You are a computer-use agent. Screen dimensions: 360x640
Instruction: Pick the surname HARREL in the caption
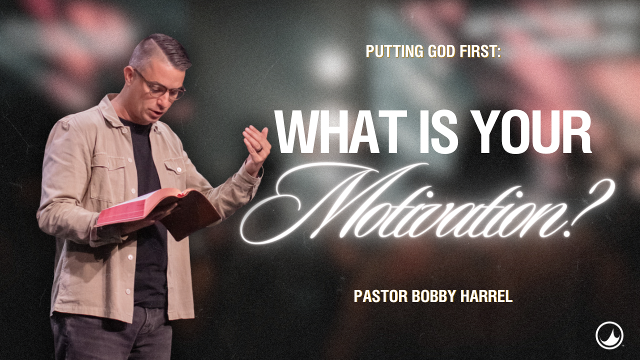(x=488, y=296)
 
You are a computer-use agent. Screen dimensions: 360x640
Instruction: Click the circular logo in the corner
(x=609, y=335)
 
